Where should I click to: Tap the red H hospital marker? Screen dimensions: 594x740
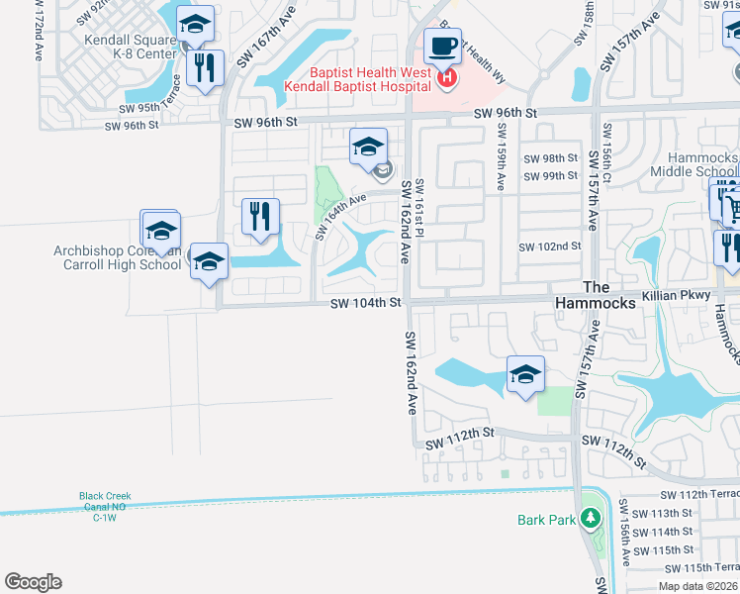pos(448,77)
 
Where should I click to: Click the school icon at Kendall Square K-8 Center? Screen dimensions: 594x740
pos(195,24)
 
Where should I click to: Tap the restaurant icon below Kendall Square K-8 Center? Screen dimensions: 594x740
pos(206,67)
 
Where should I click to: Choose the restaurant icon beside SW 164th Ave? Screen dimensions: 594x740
pos(260,216)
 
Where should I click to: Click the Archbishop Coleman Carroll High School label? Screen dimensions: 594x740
pos(118,258)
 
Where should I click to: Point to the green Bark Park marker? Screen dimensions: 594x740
pos(591,518)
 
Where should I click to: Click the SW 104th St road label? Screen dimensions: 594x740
pos(365,302)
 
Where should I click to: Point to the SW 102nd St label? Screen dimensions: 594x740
pos(549,247)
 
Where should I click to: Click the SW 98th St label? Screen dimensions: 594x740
pos(550,158)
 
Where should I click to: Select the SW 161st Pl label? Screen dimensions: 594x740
pos(419,206)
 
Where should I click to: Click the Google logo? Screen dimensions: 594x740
pos(33,582)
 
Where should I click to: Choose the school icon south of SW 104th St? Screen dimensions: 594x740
pos(525,374)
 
